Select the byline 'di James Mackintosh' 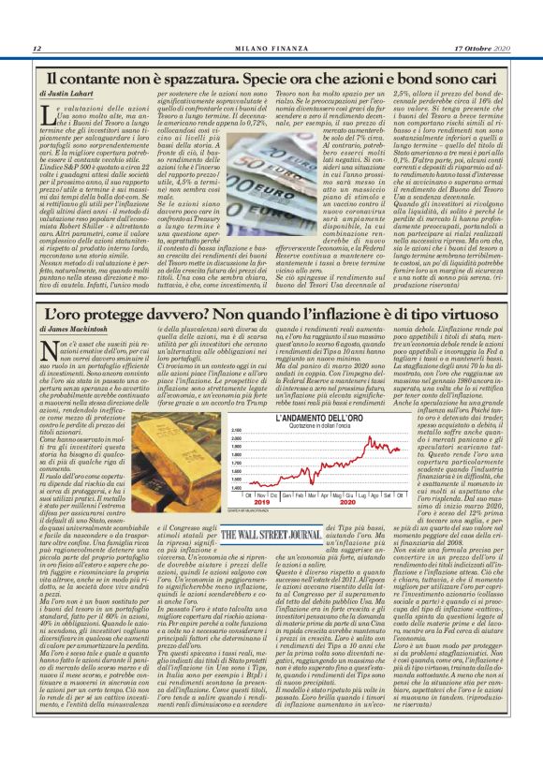coord(79,329)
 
